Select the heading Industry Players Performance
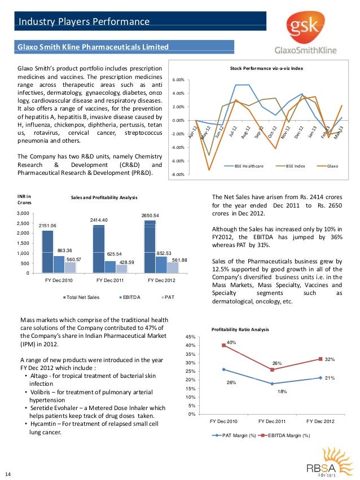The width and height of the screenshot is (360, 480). click(84, 22)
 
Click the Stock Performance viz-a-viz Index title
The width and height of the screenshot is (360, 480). click(266, 68)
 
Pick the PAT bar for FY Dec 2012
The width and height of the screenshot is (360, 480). click(173, 268)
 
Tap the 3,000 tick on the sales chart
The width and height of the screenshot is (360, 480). click(23, 213)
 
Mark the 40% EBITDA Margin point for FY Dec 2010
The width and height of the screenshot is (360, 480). click(224, 345)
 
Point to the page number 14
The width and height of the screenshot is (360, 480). click(8, 473)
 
